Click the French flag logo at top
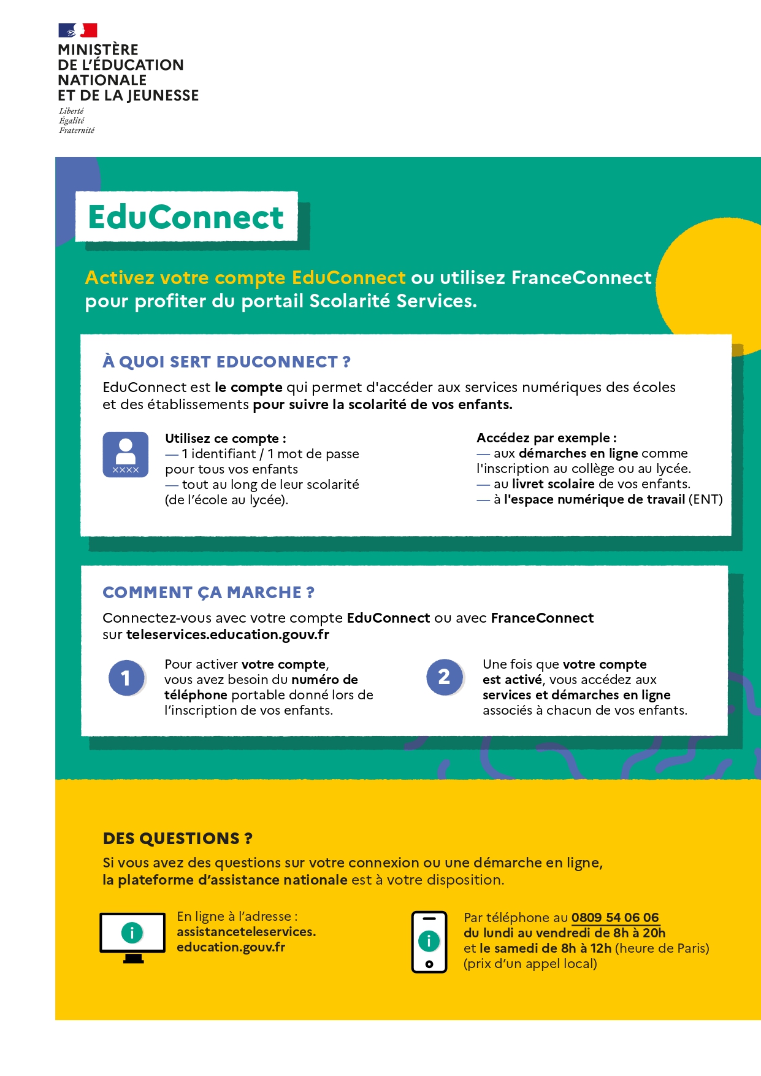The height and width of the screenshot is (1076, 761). click(x=78, y=30)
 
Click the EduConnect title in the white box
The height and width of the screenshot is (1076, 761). click(x=186, y=217)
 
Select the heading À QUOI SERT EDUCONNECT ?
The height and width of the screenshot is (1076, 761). click(x=226, y=362)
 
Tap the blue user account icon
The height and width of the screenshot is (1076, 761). click(x=126, y=455)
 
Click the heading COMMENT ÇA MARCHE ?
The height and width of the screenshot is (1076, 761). click(x=208, y=593)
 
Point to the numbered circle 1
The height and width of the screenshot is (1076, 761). click(x=126, y=678)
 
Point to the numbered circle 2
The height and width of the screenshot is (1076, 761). click(x=445, y=677)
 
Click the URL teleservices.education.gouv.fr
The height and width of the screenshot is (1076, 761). click(x=228, y=635)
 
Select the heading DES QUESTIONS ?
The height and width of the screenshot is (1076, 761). click(x=178, y=839)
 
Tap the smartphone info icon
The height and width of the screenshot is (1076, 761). click(x=429, y=942)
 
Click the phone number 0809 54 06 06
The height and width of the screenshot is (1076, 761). click(x=615, y=918)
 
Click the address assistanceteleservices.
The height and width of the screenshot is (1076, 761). click(x=246, y=932)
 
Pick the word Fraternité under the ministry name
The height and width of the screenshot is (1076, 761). click(x=77, y=131)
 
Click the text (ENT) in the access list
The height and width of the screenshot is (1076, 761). click(x=706, y=499)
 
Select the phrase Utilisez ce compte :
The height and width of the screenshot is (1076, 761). click(x=226, y=439)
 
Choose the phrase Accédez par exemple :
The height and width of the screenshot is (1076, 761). click(x=546, y=438)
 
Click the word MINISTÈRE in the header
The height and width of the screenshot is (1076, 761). click(x=98, y=50)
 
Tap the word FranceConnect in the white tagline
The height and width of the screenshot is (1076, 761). click(x=581, y=278)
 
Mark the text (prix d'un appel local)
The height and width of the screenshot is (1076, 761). click(x=530, y=964)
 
